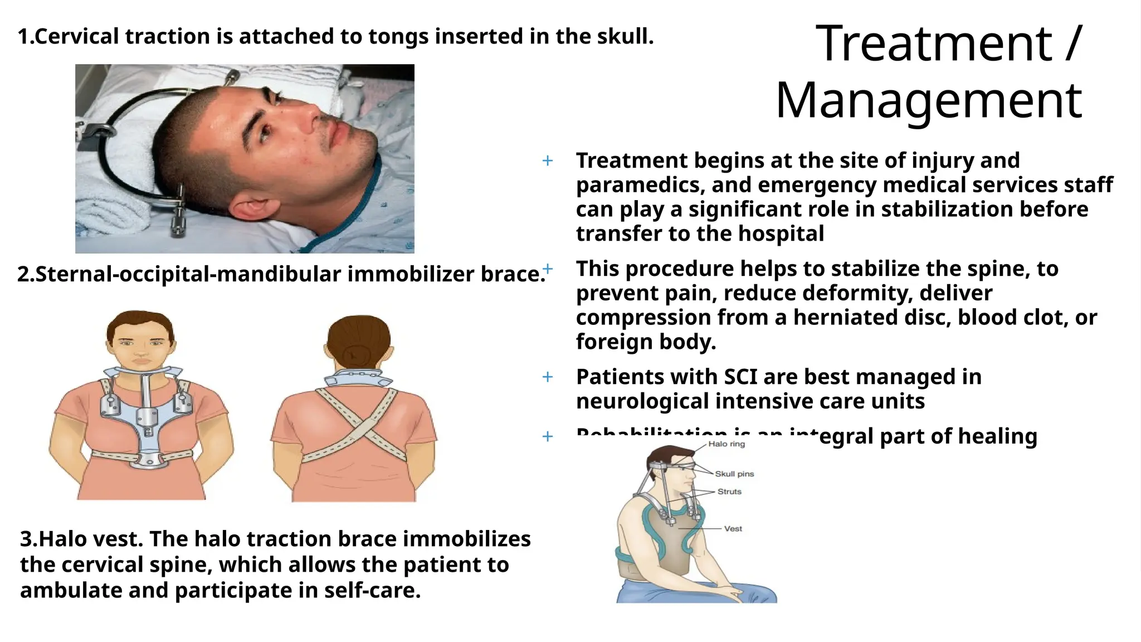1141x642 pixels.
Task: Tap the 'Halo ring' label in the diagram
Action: click(x=726, y=444)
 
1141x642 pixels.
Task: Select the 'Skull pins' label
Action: click(x=734, y=474)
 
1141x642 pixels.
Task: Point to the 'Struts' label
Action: click(x=729, y=492)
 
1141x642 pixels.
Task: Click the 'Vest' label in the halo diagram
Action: click(x=733, y=528)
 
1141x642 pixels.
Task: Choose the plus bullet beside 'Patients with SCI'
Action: click(x=548, y=377)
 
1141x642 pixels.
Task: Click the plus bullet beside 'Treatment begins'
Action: click(x=548, y=161)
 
